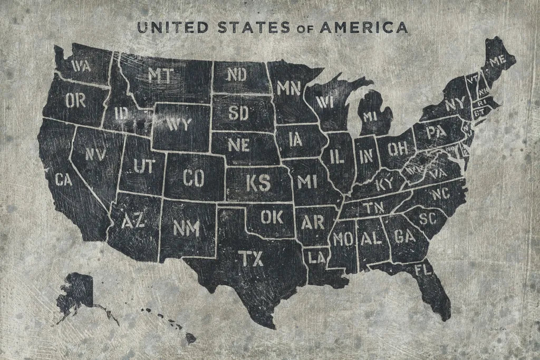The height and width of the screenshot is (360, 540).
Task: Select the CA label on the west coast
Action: [63, 180]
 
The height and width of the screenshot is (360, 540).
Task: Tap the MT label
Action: [160, 76]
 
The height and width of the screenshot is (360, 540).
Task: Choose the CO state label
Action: [194, 178]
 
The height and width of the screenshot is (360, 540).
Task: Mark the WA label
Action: [80, 66]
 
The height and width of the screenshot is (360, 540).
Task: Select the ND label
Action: [237, 75]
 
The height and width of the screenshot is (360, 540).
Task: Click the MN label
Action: [288, 87]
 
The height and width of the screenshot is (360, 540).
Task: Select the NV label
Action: [95, 153]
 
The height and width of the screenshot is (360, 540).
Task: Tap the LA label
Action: [317, 258]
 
